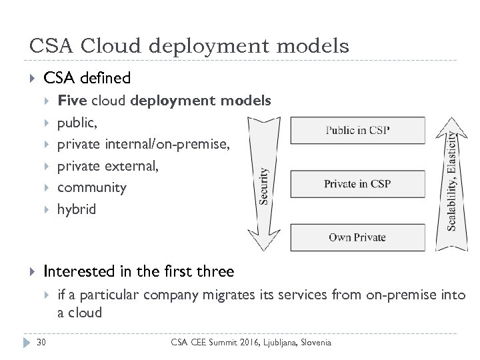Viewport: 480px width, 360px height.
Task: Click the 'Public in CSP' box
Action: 358,130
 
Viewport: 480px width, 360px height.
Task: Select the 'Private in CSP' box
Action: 358,183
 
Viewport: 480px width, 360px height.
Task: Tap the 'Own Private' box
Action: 358,237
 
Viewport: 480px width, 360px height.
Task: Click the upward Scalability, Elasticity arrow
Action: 451,180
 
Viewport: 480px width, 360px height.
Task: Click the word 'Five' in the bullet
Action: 73,101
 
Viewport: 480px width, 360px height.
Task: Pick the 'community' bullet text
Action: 92,187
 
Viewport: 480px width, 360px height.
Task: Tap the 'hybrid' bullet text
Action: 77,209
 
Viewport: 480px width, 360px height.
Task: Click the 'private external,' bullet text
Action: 109,166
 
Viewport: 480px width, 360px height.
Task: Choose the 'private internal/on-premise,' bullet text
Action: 143,144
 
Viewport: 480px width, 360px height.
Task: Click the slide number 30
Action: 42,342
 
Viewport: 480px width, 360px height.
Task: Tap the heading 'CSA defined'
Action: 87,79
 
